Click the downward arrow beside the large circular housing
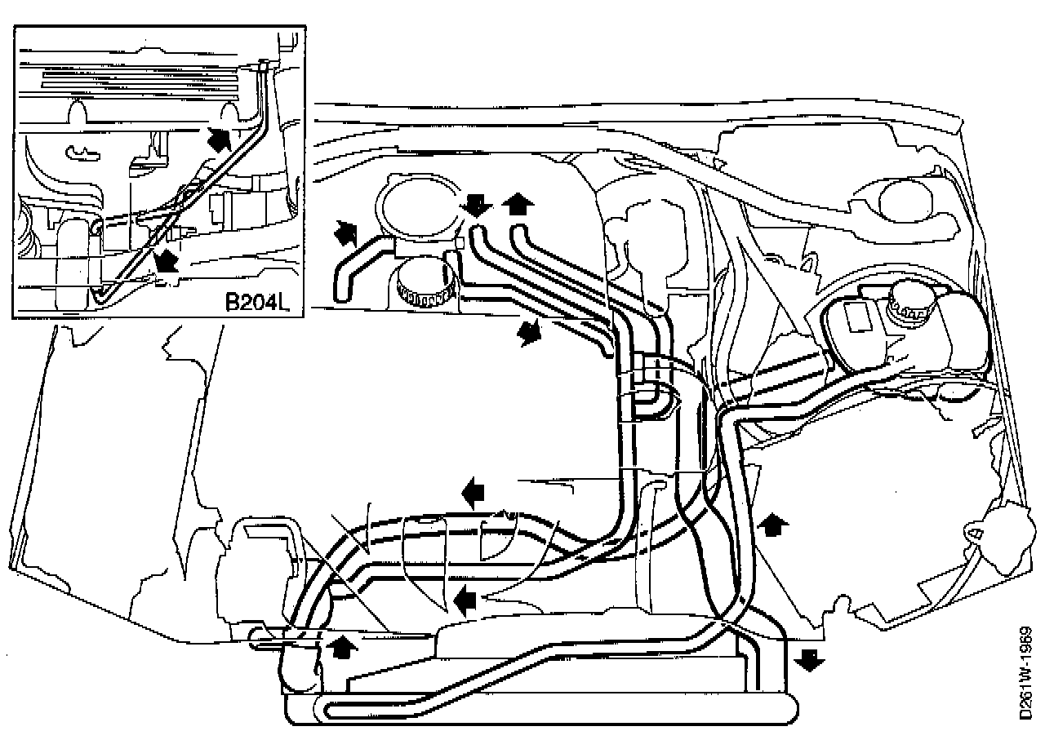(474, 205)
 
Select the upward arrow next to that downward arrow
(516, 202)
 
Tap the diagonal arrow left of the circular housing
(345, 233)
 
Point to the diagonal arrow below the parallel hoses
(530, 332)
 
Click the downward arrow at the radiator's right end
(809, 659)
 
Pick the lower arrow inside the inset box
(166, 261)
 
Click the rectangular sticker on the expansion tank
(858, 316)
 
